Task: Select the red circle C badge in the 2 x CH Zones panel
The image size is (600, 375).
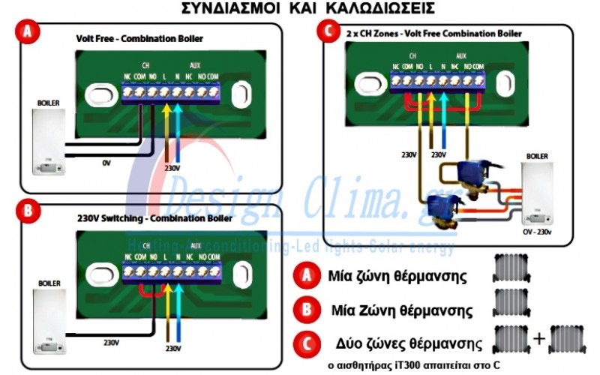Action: [326, 32]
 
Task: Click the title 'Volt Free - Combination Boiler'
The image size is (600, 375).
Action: [139, 37]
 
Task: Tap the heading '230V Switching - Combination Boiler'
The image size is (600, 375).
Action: [154, 218]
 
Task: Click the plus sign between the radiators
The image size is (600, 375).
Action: [538, 339]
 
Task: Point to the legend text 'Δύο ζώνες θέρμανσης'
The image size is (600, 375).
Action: [408, 343]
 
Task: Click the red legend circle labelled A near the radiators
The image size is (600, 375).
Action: [306, 274]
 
